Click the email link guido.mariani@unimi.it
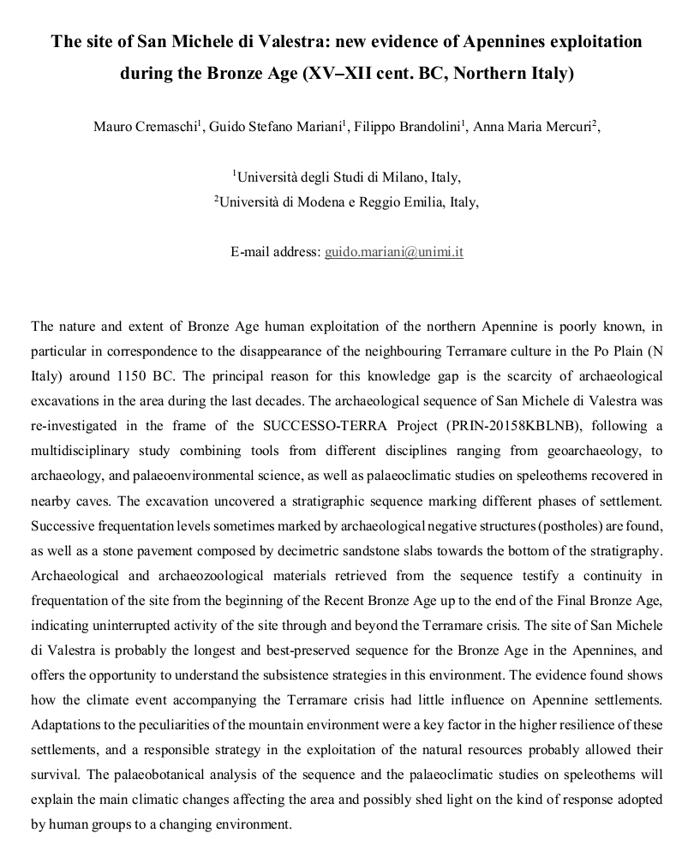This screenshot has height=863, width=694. coord(394,252)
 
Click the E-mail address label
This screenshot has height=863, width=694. coord(274,252)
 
